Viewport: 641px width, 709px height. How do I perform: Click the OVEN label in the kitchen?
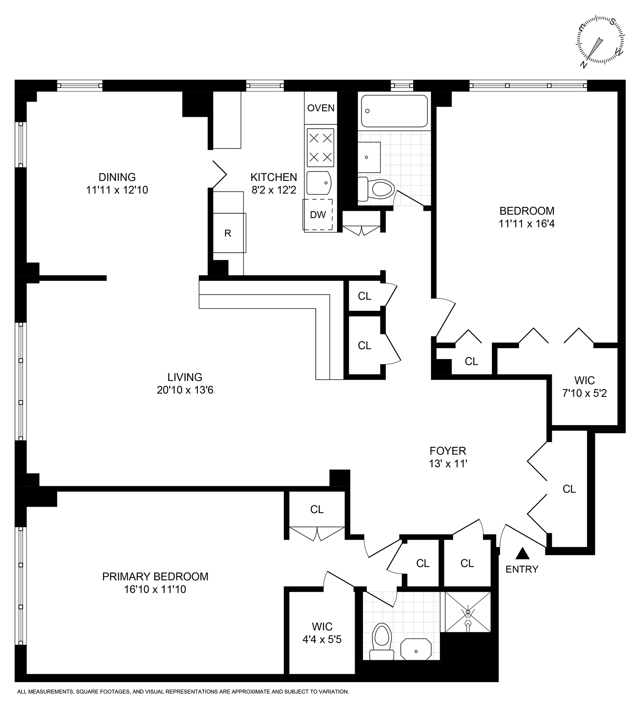coord(320,108)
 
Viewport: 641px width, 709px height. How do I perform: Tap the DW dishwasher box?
coord(318,215)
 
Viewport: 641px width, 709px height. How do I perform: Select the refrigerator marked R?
coord(228,233)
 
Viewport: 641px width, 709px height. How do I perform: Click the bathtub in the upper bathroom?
coord(394,111)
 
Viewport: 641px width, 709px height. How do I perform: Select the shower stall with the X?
coord(468,612)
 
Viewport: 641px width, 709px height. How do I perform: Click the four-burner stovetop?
coord(320,148)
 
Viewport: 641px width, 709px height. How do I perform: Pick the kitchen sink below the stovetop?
coord(319,183)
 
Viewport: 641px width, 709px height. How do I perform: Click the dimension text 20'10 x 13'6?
coord(185,390)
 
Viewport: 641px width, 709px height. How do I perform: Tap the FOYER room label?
coord(447,451)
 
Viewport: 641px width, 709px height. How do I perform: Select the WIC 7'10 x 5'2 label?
coord(584,386)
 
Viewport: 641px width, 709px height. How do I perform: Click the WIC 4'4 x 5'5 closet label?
coord(322,633)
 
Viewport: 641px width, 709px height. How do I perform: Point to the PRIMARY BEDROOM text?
coord(155,576)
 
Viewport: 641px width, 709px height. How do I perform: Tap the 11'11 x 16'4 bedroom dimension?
coord(526,224)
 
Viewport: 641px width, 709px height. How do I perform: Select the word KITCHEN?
coord(273,177)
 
